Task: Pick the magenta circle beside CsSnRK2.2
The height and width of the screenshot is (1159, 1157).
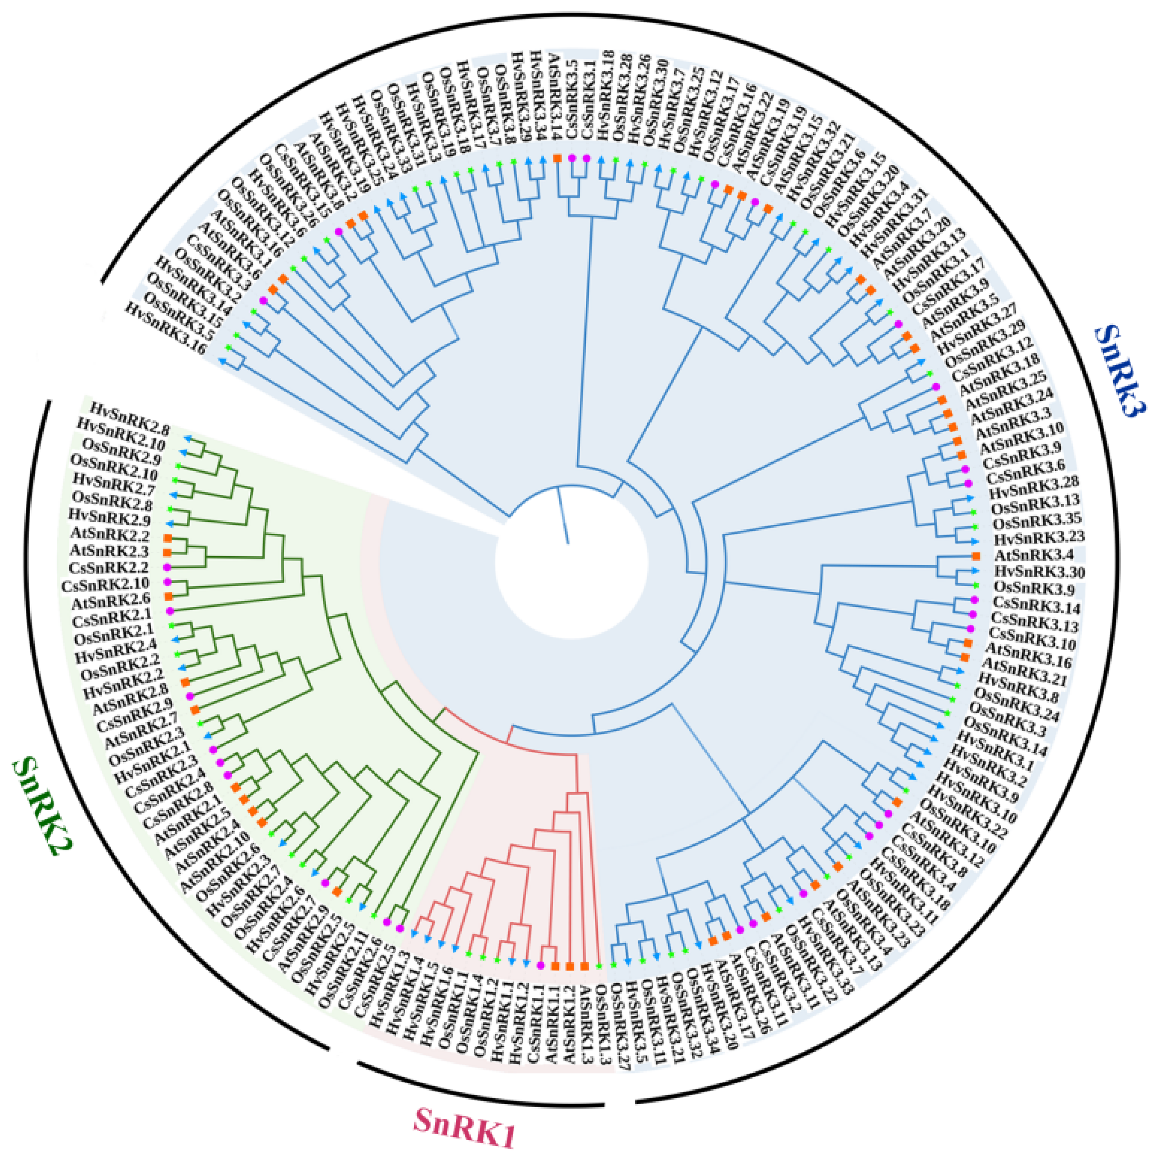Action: [x=168, y=567]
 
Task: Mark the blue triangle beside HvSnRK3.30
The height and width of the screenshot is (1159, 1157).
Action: [x=975, y=571]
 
